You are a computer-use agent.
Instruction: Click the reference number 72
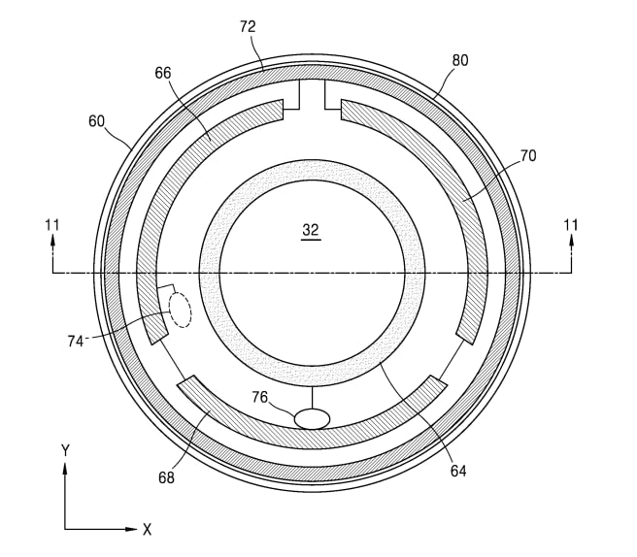click(x=247, y=27)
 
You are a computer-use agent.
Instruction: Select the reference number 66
click(x=163, y=73)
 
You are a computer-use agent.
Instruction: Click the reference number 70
click(x=527, y=154)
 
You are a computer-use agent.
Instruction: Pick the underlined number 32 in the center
click(x=311, y=231)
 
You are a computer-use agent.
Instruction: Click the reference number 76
click(x=261, y=396)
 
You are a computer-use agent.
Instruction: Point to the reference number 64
click(x=458, y=471)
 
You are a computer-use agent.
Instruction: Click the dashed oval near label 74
click(x=180, y=310)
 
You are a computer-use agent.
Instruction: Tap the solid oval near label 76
click(x=312, y=418)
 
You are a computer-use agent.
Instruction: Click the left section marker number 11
click(x=52, y=225)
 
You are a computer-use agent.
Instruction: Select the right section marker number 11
click(x=571, y=225)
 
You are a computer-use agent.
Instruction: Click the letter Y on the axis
click(x=65, y=450)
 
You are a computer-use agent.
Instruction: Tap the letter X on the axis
click(x=148, y=530)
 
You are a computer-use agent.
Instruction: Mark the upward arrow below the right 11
click(x=571, y=250)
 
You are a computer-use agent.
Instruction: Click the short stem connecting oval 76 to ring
click(x=312, y=396)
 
